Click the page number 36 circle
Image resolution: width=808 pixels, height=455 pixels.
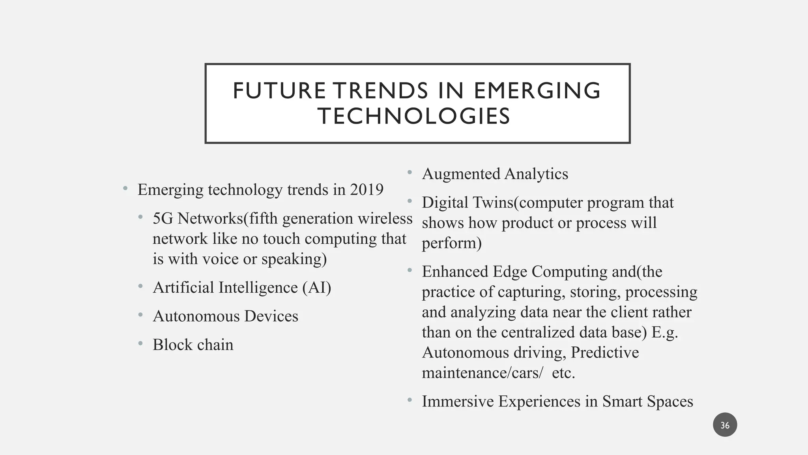(725, 425)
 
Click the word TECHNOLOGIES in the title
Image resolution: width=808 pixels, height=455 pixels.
(414, 117)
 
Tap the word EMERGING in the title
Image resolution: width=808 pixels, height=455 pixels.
(537, 91)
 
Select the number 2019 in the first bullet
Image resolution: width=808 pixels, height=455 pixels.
(367, 190)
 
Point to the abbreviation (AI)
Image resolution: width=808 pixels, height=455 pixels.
(317, 288)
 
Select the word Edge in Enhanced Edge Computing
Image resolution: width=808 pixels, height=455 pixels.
(509, 272)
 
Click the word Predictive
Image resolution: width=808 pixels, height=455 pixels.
(605, 352)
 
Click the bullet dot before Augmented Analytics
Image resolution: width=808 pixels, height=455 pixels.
(410, 172)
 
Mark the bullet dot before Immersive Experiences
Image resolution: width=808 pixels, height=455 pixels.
(410, 400)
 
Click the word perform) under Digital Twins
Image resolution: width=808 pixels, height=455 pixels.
(452, 243)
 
